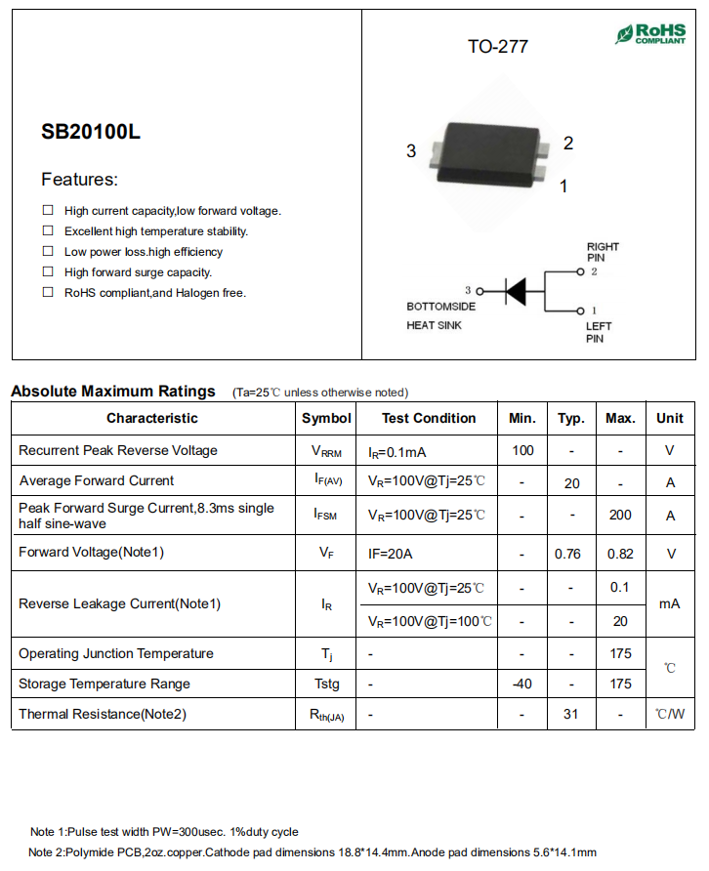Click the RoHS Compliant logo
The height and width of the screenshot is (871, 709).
click(650, 34)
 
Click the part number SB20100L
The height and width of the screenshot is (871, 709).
click(91, 132)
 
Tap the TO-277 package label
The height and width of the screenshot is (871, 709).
click(498, 47)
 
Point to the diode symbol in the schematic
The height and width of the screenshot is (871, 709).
click(515, 290)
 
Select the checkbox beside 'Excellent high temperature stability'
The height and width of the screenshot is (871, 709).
click(48, 231)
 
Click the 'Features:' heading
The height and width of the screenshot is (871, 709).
click(79, 180)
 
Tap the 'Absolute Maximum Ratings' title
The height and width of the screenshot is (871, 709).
click(113, 392)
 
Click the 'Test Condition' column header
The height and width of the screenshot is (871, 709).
click(429, 418)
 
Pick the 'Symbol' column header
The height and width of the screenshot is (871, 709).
click(326, 418)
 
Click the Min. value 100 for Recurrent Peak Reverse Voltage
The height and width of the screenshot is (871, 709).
click(522, 450)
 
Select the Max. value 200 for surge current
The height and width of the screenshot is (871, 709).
click(620, 515)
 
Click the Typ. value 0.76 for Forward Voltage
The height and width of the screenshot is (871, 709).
click(567, 554)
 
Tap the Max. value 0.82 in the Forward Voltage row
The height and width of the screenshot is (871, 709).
click(620, 554)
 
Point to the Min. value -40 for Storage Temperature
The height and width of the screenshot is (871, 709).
click(522, 684)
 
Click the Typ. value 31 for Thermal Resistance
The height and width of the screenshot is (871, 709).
click(571, 714)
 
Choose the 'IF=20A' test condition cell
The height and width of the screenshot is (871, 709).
click(391, 554)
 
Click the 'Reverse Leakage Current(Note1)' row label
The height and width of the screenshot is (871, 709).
click(120, 603)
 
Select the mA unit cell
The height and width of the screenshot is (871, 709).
click(670, 603)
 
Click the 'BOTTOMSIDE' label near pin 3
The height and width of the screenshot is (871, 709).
click(441, 307)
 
